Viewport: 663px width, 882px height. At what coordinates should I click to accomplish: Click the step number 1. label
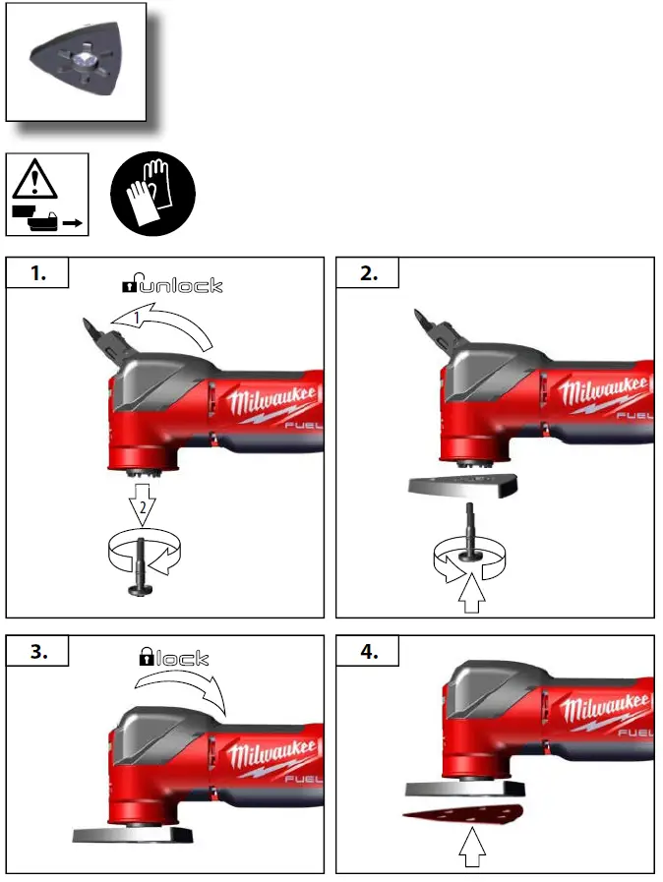(37, 273)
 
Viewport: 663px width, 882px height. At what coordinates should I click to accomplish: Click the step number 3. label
(37, 651)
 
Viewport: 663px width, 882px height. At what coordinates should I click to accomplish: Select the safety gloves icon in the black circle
(152, 193)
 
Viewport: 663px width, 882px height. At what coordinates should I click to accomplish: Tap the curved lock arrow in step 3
(183, 690)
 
